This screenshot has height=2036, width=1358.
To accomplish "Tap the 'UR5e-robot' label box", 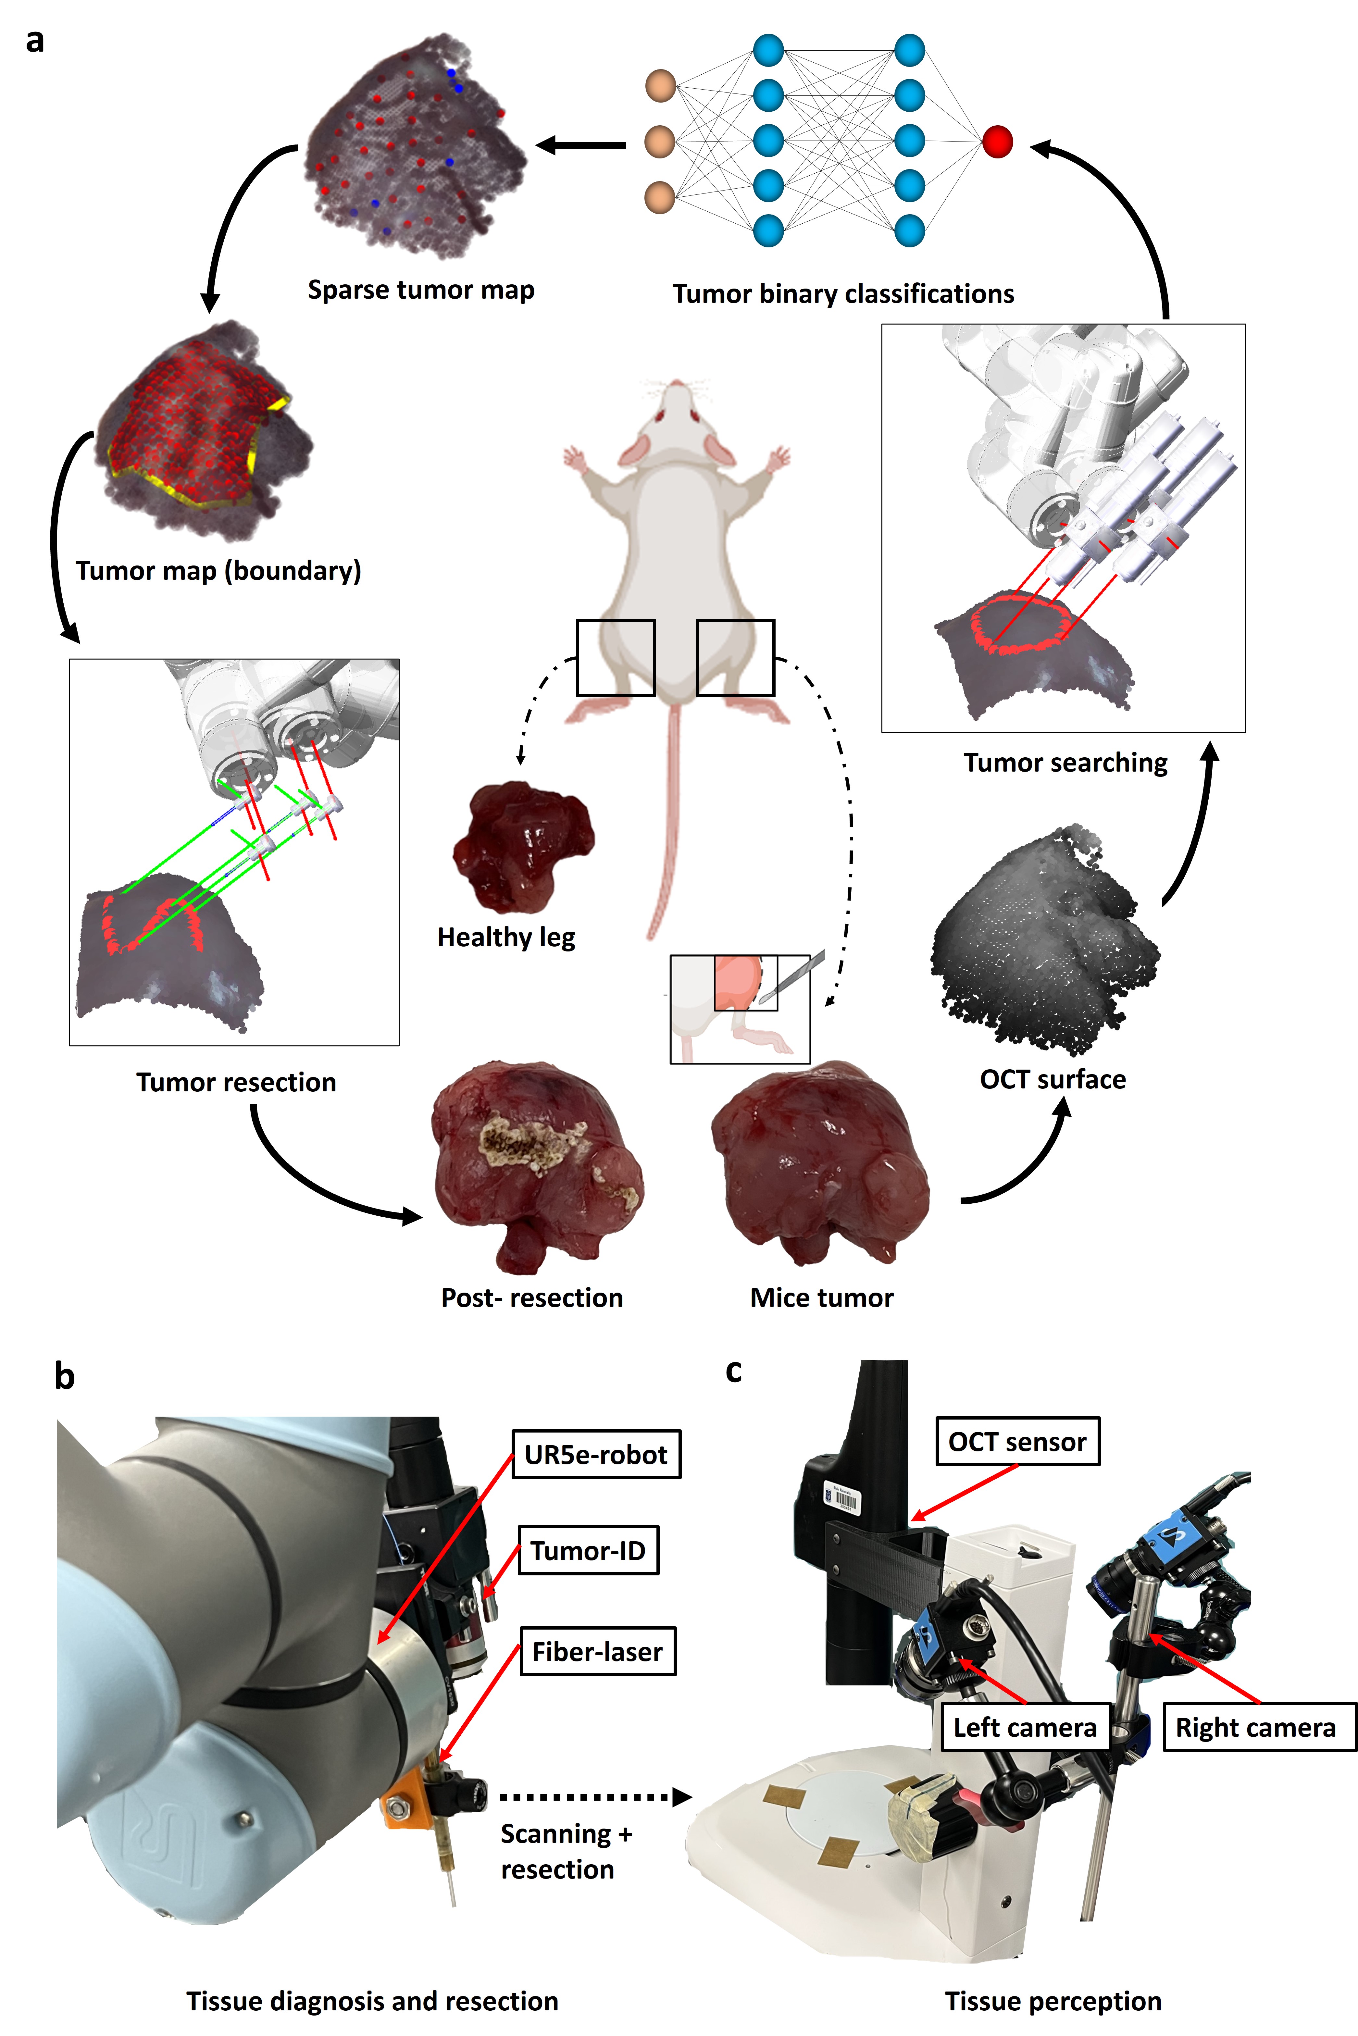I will click(596, 1454).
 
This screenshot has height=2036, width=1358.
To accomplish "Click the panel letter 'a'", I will click(35, 41).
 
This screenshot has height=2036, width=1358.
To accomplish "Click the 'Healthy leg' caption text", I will click(506, 937).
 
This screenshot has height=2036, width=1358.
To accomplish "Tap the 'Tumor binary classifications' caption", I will click(843, 293).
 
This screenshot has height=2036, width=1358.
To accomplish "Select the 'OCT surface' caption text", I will click(1052, 1079).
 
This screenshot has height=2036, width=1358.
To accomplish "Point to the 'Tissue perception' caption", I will click(1052, 2001).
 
